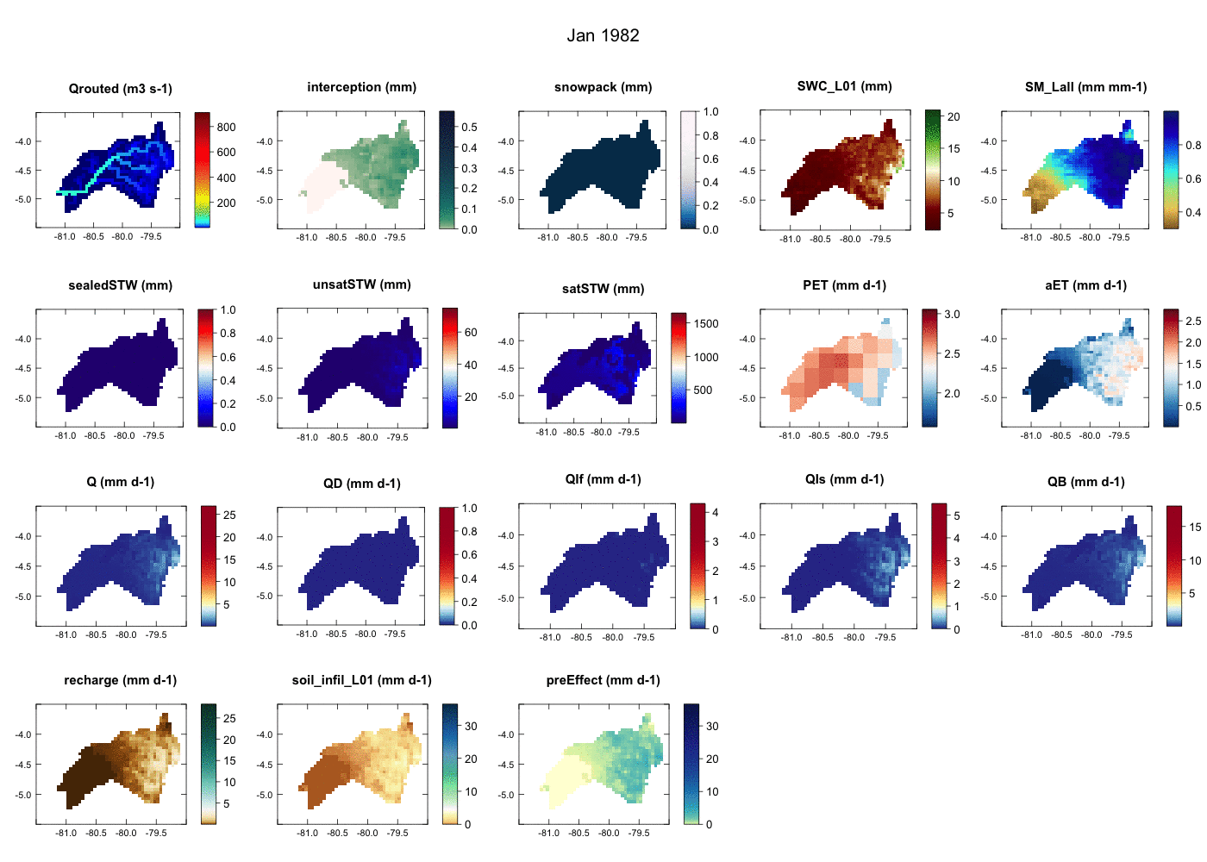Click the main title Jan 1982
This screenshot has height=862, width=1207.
point(603,35)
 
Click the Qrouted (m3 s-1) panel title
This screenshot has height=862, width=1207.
point(120,89)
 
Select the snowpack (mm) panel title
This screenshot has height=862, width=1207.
point(603,87)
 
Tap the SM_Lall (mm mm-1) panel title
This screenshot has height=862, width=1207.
point(1085,87)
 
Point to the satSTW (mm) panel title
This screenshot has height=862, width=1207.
point(603,289)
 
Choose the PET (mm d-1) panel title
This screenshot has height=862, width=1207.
point(844,285)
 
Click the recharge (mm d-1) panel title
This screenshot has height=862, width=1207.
point(120,680)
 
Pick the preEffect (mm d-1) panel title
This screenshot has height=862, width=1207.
point(603,680)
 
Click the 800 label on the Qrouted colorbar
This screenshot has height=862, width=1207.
point(226,127)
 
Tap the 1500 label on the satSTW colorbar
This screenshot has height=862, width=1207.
point(706,324)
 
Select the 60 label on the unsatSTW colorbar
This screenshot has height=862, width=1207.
point(471,332)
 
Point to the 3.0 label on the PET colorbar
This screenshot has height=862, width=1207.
point(952,315)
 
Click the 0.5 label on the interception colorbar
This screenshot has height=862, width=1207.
point(469,127)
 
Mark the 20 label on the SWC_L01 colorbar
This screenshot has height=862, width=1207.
point(954,117)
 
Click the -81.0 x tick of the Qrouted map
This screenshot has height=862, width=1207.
point(65,236)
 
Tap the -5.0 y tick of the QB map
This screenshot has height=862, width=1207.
point(989,597)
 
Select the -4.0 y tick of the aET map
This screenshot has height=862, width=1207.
point(989,339)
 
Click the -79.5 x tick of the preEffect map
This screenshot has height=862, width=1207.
point(639,833)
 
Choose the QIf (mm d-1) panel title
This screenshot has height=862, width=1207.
point(603,479)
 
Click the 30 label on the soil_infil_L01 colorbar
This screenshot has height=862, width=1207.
point(471,727)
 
